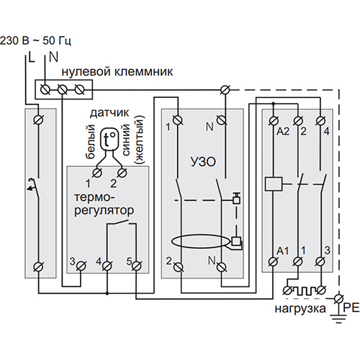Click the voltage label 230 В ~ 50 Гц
point(35,40)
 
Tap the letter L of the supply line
point(31,57)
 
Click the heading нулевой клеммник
point(117,71)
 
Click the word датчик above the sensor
point(109,113)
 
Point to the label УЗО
point(203,162)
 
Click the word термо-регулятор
point(104,204)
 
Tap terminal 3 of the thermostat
point(81,266)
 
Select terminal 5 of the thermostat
point(136,266)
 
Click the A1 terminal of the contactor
point(273,261)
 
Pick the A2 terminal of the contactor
point(273,120)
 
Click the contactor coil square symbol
point(274,184)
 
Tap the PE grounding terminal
point(339,299)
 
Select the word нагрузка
point(300,309)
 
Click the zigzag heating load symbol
point(304,291)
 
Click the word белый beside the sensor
point(90,142)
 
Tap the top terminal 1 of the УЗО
point(178,120)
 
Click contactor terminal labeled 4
point(320,120)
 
